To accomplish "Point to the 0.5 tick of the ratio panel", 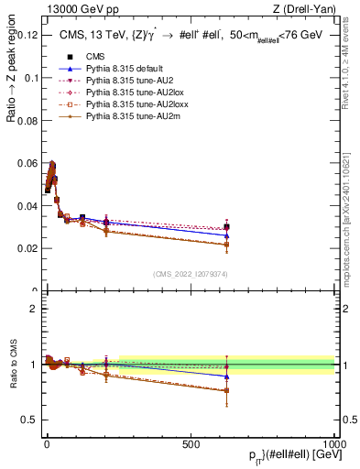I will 29,420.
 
